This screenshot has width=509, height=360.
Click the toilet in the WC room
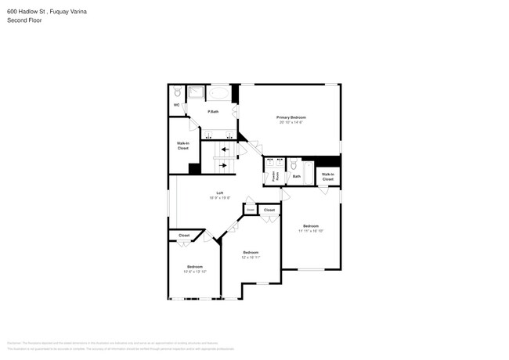point(177,92)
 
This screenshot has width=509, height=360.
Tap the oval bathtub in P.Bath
point(218,93)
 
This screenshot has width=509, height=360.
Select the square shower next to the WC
point(196,93)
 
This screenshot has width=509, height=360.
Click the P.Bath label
point(212,112)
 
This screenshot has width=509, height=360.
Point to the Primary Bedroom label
point(291,117)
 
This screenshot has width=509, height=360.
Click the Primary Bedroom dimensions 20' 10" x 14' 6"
point(291,122)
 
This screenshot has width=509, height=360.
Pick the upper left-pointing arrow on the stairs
point(225,149)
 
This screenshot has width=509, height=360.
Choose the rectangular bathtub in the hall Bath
point(308,171)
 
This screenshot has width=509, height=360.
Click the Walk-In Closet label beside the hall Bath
point(327,177)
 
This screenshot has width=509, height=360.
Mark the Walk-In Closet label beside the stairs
point(182,146)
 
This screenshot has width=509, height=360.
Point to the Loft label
point(221,193)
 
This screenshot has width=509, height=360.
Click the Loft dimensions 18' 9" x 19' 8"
point(220,198)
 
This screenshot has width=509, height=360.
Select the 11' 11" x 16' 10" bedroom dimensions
point(311,231)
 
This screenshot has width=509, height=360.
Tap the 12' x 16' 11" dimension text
point(251,257)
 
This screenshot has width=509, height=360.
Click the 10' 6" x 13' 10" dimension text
point(195,272)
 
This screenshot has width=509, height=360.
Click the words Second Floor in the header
point(24,20)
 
